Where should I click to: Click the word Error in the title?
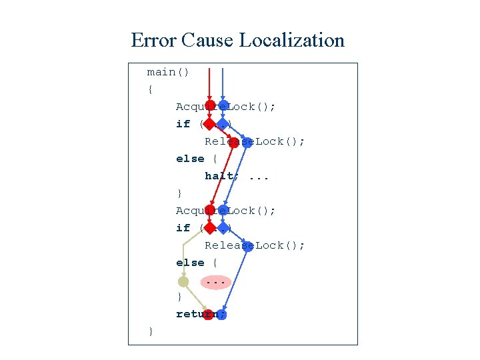point(154,40)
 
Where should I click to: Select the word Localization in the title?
point(291,40)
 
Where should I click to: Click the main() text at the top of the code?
point(168,72)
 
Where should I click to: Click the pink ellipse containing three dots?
point(215,282)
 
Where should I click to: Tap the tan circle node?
point(183,282)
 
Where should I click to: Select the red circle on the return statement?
point(208,314)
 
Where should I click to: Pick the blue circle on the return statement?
point(221,314)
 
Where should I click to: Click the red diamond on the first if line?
point(209,124)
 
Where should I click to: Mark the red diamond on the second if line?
point(209,228)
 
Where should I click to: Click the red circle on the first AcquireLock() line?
point(209,106)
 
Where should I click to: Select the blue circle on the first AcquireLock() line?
point(223,106)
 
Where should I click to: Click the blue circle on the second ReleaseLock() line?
point(247,245)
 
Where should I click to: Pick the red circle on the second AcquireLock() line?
point(209,210)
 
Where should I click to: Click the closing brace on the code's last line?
point(151,331)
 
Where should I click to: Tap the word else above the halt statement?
point(190,159)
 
